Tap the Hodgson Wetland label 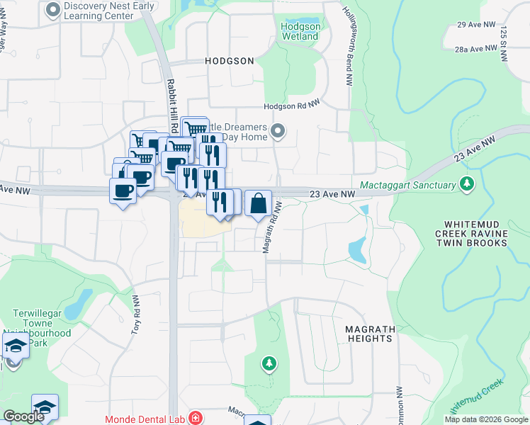point(301,30)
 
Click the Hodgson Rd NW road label point(292,106)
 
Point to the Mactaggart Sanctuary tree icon point(466,185)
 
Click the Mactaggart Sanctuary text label point(407,186)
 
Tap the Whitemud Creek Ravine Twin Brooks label point(471,232)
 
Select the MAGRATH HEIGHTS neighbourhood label point(368,334)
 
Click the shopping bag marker point(258,203)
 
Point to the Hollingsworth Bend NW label point(350,35)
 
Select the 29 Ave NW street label point(470,25)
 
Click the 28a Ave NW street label point(474,48)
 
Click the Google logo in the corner point(23,416)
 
